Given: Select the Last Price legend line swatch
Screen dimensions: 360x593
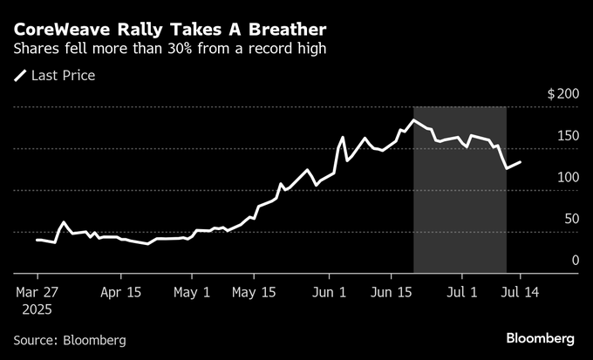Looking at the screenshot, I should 20,76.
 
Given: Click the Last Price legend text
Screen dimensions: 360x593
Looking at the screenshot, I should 63,76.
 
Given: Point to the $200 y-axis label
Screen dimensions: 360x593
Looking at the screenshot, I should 562,93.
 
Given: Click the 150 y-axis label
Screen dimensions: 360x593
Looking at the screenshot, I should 568,135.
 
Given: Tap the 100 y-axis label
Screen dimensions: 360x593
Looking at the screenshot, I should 568,177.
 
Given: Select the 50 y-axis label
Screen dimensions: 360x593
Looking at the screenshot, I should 571,219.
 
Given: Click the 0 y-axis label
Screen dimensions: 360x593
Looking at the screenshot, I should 575,261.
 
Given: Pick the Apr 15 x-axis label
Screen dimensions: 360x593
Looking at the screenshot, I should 122,293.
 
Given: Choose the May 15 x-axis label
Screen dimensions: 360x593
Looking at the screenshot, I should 255,293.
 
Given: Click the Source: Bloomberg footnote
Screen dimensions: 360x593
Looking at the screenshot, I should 70,339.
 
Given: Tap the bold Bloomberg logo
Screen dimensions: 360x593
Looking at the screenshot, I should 541,338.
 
